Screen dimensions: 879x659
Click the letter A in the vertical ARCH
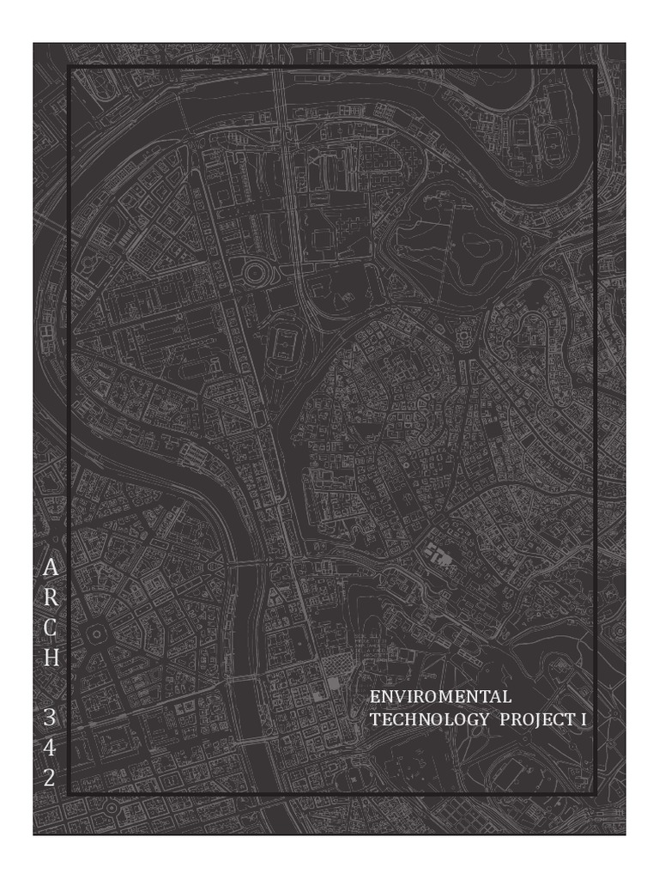pos(51,567)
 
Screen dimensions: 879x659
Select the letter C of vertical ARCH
pos(51,629)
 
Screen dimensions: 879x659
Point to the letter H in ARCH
pos(51,660)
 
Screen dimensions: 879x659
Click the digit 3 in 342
pos(51,717)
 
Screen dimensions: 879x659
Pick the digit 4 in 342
pos(51,748)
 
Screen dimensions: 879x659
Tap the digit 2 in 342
pos(51,778)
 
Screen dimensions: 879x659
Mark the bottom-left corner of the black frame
pos(69,795)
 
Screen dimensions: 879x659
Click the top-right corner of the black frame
pos(596,65)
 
